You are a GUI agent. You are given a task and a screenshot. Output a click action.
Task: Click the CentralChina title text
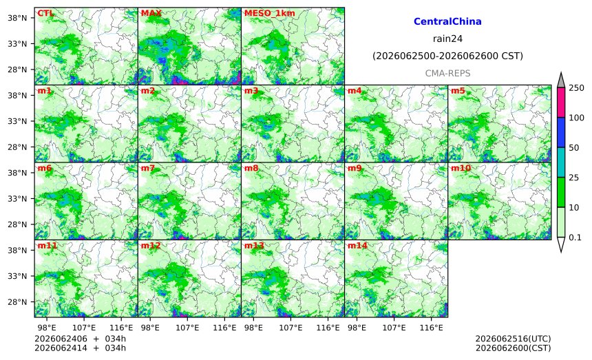[447, 21]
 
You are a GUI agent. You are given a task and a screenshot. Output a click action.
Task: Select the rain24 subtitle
[447, 39]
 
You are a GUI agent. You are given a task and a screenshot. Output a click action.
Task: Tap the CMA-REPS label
[447, 73]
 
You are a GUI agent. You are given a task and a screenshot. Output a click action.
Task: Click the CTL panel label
[45, 13]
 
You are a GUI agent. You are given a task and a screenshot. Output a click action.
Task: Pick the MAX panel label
[151, 13]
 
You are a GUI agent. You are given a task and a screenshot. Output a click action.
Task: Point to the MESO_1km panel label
[270, 13]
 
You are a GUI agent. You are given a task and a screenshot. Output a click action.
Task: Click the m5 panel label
[458, 91]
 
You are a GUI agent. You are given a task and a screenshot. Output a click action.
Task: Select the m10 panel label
[461, 168]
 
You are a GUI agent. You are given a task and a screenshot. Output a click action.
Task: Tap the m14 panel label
[357, 246]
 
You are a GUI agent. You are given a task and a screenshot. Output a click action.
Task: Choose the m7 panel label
[148, 168]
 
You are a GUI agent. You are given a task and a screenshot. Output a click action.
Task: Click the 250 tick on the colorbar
[577, 88]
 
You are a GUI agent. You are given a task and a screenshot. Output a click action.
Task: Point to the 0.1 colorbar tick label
[575, 237]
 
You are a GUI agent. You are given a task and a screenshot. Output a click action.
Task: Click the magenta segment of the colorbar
[561, 103]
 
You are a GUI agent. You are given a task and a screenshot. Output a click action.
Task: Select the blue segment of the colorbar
[561, 132]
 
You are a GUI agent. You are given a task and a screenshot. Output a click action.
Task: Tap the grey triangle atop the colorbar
[561, 80]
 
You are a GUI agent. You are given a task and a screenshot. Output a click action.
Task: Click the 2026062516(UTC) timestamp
[513, 339]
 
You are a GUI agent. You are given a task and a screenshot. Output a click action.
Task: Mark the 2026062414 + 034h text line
[80, 348]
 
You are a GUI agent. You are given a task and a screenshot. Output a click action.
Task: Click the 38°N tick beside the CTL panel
[17, 18]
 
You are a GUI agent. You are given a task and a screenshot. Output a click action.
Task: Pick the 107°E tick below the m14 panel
[394, 328]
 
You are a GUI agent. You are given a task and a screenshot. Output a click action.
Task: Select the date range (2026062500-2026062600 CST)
[447, 56]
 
